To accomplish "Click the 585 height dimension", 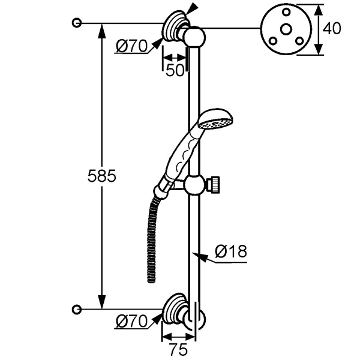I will click(x=101, y=176).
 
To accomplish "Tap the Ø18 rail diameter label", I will click(x=231, y=252).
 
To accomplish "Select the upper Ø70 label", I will click(x=131, y=46).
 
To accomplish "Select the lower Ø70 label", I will click(x=131, y=322).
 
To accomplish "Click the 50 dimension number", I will click(x=175, y=70).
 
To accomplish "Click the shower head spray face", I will click(x=216, y=124).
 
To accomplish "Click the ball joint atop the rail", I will click(x=194, y=37).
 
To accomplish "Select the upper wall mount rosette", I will click(x=175, y=26).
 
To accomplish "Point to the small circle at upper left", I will click(x=76, y=23).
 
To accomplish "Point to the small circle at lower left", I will click(x=76, y=309).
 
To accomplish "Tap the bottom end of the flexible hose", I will click(x=151, y=279).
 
